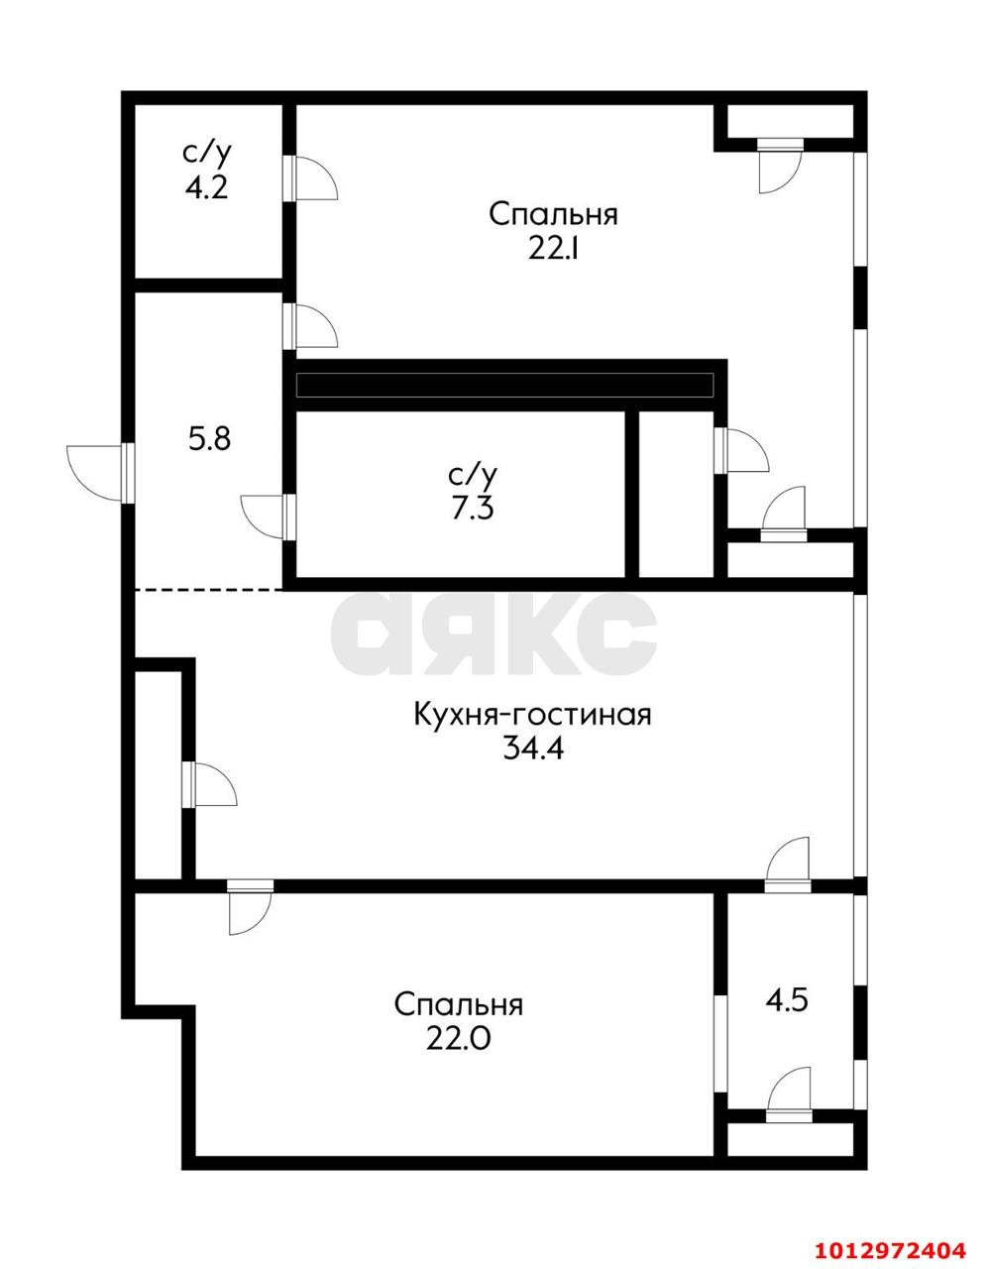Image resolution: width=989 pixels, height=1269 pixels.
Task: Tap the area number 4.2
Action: coord(206,186)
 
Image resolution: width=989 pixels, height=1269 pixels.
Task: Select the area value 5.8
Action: coord(209,438)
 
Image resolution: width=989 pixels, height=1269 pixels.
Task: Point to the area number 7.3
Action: coord(470,509)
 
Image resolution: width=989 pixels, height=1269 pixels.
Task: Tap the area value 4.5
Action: coord(787,999)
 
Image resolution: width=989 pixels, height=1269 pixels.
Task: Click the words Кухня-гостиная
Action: coord(532,714)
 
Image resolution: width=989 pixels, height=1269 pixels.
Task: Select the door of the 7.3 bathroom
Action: coord(266,516)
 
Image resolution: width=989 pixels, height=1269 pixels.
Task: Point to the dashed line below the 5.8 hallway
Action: coord(210,590)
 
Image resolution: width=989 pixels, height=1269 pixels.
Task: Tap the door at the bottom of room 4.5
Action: coord(789,1094)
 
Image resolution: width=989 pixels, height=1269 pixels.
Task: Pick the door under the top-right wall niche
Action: coord(778,165)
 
